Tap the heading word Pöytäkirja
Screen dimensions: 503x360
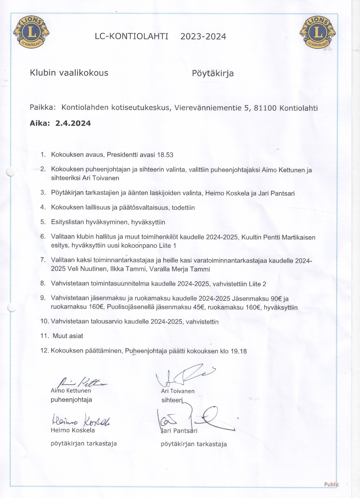[213, 73]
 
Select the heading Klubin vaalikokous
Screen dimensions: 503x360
[69, 73]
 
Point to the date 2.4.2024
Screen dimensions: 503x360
[73, 123]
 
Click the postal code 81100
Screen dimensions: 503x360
[265, 108]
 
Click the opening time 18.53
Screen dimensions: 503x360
[165, 155]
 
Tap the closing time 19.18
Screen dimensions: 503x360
[238, 351]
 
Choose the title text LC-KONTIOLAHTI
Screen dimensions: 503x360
[131, 36]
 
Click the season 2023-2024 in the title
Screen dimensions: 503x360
[203, 36]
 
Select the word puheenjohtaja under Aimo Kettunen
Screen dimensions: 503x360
[71, 400]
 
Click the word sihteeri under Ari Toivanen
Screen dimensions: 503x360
[172, 400]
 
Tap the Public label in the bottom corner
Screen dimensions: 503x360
[331, 484]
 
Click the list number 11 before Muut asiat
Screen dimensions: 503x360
[44, 336]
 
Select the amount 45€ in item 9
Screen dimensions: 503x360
[199, 307]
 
